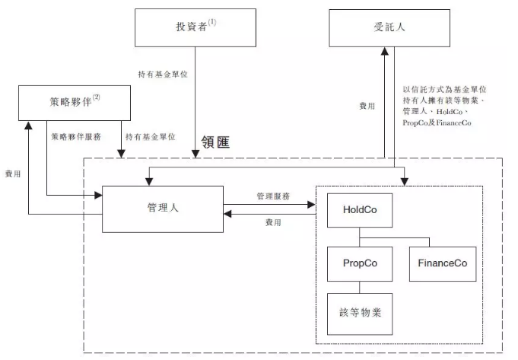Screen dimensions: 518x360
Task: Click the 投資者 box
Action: [195, 27]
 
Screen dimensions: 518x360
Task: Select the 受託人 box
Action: [389, 28]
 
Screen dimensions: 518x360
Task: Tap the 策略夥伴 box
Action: [75, 103]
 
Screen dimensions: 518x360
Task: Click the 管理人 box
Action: [163, 209]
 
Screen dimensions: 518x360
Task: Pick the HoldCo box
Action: [360, 210]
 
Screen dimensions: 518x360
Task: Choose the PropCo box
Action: [360, 264]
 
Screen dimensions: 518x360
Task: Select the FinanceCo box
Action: [443, 264]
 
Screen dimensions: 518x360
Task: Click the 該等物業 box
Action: [360, 314]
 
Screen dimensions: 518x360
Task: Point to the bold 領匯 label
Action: [215, 142]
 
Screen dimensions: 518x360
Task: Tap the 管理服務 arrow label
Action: [273, 196]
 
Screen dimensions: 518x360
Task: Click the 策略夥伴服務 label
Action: [76, 136]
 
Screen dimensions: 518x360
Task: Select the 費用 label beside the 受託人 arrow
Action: [367, 106]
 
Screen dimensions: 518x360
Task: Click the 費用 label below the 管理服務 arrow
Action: [273, 222]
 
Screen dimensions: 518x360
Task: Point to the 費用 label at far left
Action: [13, 174]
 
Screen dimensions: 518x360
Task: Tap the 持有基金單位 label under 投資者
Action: [163, 74]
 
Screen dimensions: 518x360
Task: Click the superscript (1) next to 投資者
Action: [212, 22]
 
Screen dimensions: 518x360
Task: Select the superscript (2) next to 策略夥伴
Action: [96, 97]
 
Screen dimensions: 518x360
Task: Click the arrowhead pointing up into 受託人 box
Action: [385, 51]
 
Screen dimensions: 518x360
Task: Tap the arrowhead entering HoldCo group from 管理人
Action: [312, 205]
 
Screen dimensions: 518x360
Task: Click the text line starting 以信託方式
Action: [444, 89]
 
